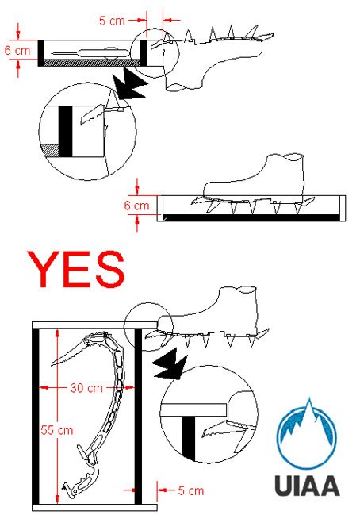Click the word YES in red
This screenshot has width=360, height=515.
point(76,269)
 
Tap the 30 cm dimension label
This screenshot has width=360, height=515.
point(86,388)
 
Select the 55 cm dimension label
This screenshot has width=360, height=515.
point(56,430)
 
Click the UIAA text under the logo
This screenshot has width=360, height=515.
point(307,486)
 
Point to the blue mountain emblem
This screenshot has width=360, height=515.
point(307,434)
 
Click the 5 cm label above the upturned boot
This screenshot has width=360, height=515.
point(112,21)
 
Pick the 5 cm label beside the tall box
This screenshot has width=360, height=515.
point(191,490)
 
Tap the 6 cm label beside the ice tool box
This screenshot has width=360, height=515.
point(17,51)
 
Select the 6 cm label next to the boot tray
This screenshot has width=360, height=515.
point(136,206)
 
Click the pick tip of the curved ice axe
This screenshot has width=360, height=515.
point(52,364)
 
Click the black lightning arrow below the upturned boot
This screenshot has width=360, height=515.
point(129,83)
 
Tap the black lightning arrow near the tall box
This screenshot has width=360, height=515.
point(170,364)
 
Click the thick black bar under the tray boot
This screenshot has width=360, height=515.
point(251,217)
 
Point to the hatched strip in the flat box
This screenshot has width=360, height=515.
point(92,63)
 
